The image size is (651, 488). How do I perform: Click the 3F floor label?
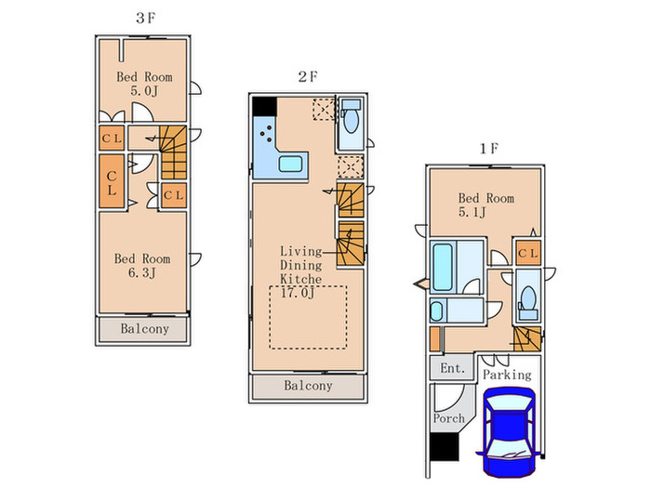145,18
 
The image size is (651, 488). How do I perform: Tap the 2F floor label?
308,76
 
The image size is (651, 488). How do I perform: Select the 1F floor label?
488,148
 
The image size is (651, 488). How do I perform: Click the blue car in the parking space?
510,432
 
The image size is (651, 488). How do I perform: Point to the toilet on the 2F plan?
352,117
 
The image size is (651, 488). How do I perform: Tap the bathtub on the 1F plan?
443,267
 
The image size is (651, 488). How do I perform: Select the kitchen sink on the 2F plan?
291,164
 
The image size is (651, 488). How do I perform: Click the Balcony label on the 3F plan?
145,329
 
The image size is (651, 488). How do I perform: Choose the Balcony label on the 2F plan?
308,386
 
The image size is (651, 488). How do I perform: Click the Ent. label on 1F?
452,368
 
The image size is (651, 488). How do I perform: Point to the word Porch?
449,418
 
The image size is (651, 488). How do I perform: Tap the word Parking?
507,375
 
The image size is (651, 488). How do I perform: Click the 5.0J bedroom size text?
144,90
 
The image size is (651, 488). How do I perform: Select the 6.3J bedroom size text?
142,272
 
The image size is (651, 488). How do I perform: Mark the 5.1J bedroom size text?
472,212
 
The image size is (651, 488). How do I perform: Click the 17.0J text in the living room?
298,293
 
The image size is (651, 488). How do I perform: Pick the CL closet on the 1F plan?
528,253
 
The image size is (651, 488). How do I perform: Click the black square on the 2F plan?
264,107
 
